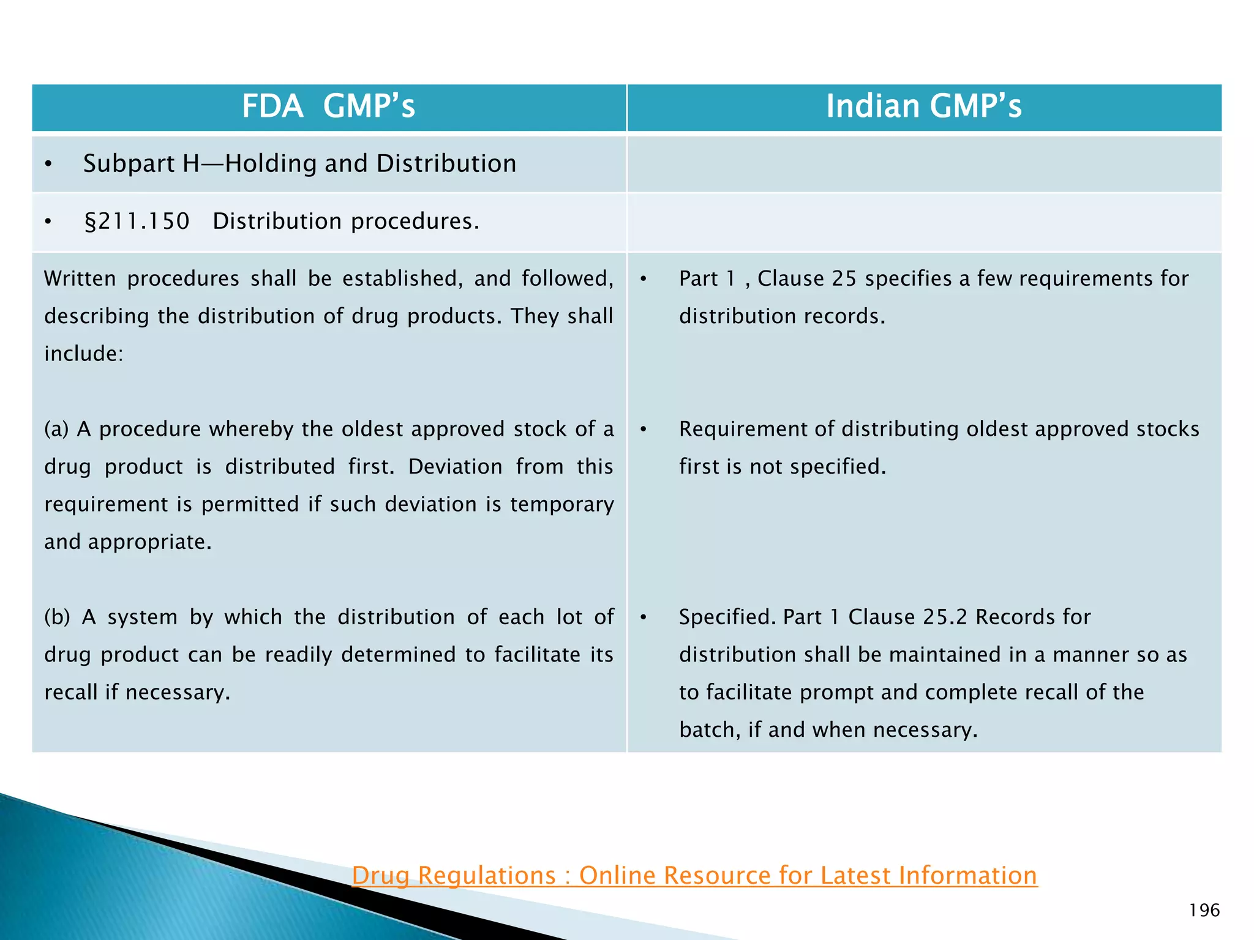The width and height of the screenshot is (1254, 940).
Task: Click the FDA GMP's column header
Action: tap(328, 106)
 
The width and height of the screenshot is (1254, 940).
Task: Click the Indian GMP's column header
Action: tap(923, 106)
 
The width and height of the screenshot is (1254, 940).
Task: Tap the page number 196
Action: tap(1204, 911)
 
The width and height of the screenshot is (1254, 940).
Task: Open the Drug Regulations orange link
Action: tap(694, 875)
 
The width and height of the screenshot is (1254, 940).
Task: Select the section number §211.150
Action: tap(137, 222)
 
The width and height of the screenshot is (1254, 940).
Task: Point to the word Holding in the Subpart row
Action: tap(272, 164)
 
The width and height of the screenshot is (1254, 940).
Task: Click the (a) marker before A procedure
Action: tap(56, 429)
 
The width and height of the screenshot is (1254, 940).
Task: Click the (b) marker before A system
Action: tap(57, 617)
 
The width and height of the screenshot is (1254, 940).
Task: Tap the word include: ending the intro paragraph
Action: tap(84, 354)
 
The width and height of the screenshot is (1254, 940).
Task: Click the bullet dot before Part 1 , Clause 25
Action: tap(644, 279)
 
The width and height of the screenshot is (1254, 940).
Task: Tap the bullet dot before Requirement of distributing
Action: tap(644, 430)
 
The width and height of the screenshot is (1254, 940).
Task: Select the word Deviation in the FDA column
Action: tap(455, 467)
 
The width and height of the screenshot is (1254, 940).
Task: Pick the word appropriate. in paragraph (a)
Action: tap(149, 542)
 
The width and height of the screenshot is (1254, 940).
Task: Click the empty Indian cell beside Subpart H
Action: tap(923, 164)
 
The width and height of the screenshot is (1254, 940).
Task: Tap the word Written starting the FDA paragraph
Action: tap(80, 279)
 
